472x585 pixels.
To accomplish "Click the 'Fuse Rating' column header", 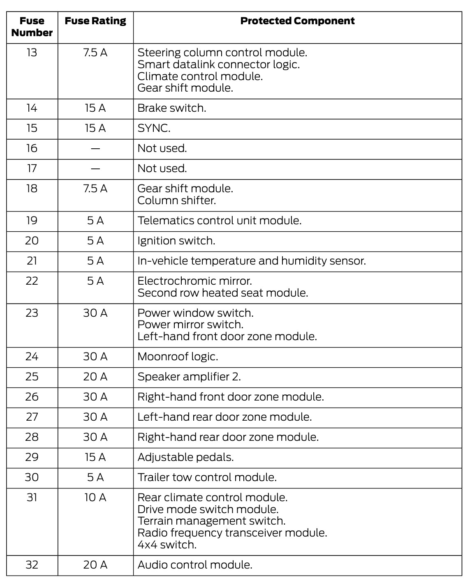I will pyautogui.click(x=95, y=21).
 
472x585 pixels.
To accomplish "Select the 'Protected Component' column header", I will pyautogui.click(x=297, y=21).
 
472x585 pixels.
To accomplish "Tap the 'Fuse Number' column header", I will pyautogui.click(x=32, y=27).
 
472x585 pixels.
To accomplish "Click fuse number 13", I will pyautogui.click(x=32, y=53).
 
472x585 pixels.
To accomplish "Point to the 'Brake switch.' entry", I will pyautogui.click(x=172, y=108).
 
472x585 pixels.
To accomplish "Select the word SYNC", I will pyautogui.click(x=154, y=128).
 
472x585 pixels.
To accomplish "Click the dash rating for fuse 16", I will pyautogui.click(x=95, y=148).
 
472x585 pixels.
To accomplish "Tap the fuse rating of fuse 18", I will pyautogui.click(x=95, y=189).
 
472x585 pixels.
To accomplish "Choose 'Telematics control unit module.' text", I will pyautogui.click(x=220, y=221).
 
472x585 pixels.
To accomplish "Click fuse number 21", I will pyautogui.click(x=32, y=261).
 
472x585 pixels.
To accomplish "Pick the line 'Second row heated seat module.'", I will pyautogui.click(x=223, y=293).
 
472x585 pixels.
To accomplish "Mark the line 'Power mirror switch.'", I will pyautogui.click(x=190, y=325).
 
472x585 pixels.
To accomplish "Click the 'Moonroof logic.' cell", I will pyautogui.click(x=178, y=357).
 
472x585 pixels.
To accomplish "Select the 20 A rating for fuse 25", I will pyautogui.click(x=95, y=377).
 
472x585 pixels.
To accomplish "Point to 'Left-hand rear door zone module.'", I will pyautogui.click(x=224, y=417).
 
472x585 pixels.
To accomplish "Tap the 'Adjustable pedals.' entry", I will pyautogui.click(x=185, y=457).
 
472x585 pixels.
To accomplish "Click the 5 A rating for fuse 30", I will pyautogui.click(x=95, y=477).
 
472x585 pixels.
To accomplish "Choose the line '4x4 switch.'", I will pyautogui.click(x=167, y=545).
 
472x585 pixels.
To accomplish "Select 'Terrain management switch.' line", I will pyautogui.click(x=211, y=521).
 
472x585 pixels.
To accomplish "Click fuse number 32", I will pyautogui.click(x=32, y=565).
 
